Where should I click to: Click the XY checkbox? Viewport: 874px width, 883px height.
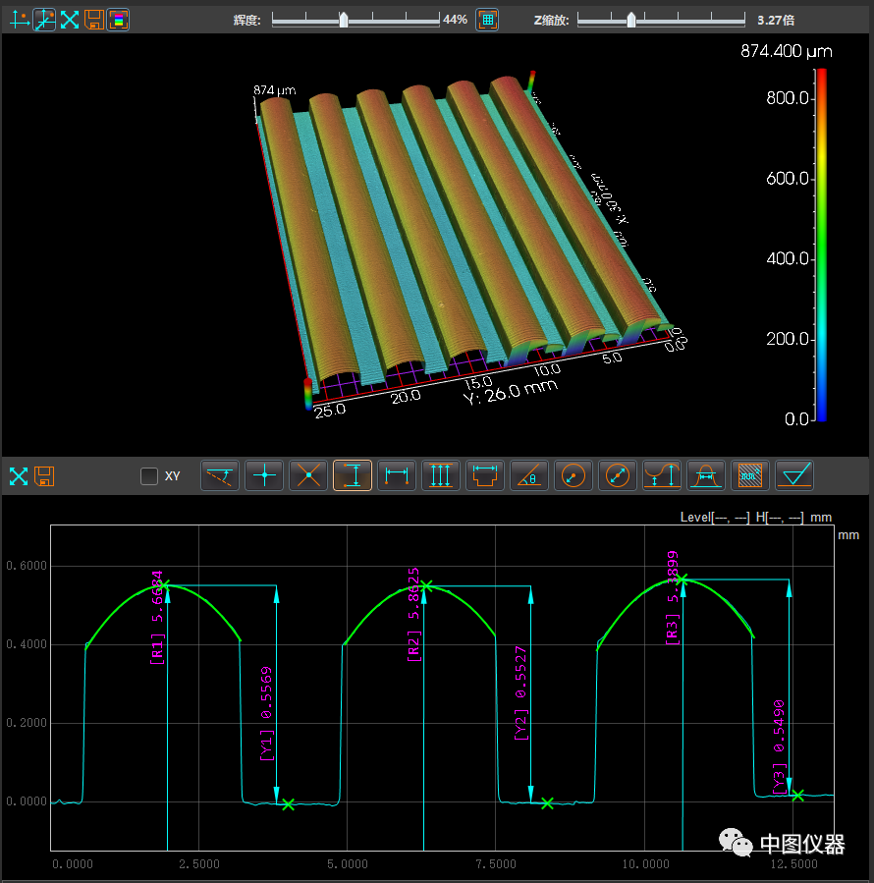(x=149, y=476)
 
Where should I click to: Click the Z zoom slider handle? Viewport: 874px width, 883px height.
(x=631, y=20)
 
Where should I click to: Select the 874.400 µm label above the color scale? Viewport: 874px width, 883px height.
(x=785, y=52)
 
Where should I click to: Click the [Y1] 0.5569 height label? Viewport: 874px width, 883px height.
(x=266, y=714)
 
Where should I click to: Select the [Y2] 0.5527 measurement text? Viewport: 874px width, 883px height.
(x=520, y=692)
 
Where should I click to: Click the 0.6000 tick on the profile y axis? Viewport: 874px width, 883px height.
(x=27, y=567)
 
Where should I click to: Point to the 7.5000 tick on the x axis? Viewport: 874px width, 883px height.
(x=495, y=864)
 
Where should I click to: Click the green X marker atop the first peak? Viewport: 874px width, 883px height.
(x=164, y=585)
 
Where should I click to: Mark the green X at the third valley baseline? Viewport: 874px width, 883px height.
(x=797, y=796)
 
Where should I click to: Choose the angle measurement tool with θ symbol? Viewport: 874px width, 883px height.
(x=530, y=476)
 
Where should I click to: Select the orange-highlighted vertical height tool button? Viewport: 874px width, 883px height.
(x=353, y=476)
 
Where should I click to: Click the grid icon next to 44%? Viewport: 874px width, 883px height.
(x=487, y=20)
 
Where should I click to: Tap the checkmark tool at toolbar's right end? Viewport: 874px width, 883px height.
(x=794, y=476)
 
